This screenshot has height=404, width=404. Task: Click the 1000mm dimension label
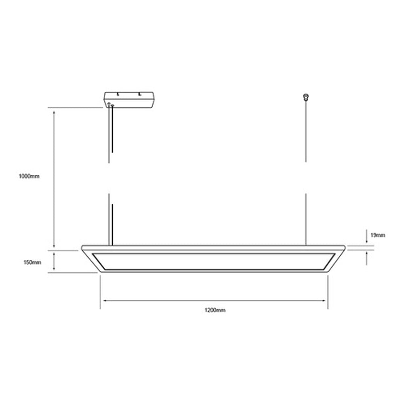(29, 177)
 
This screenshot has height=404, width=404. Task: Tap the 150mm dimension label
(32, 262)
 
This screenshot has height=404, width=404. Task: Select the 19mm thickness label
(377, 235)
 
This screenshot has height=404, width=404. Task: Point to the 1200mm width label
(215, 310)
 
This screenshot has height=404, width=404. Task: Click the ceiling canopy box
(129, 100)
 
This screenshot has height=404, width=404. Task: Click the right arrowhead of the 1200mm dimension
(324, 301)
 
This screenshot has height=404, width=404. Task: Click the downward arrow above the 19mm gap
(366, 241)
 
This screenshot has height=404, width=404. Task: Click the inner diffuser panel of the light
(213, 261)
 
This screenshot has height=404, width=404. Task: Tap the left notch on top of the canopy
(118, 94)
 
